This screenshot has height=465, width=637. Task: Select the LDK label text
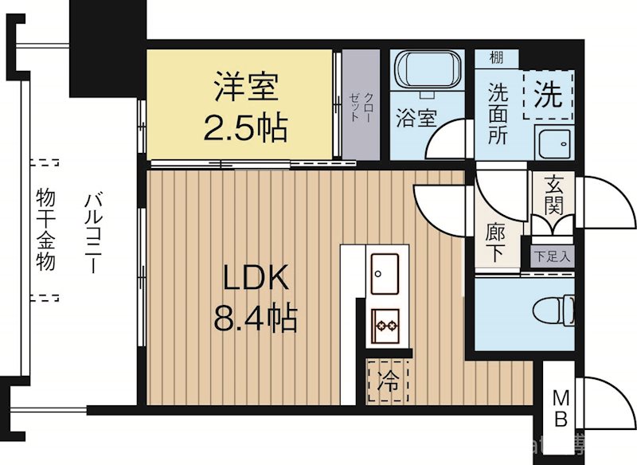tap(254, 278)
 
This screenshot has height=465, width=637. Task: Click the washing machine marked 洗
tap(547, 96)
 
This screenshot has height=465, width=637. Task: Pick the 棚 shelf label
tap(496, 57)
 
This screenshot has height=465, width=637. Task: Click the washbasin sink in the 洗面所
tap(553, 144)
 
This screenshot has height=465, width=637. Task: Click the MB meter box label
tap(561, 407)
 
